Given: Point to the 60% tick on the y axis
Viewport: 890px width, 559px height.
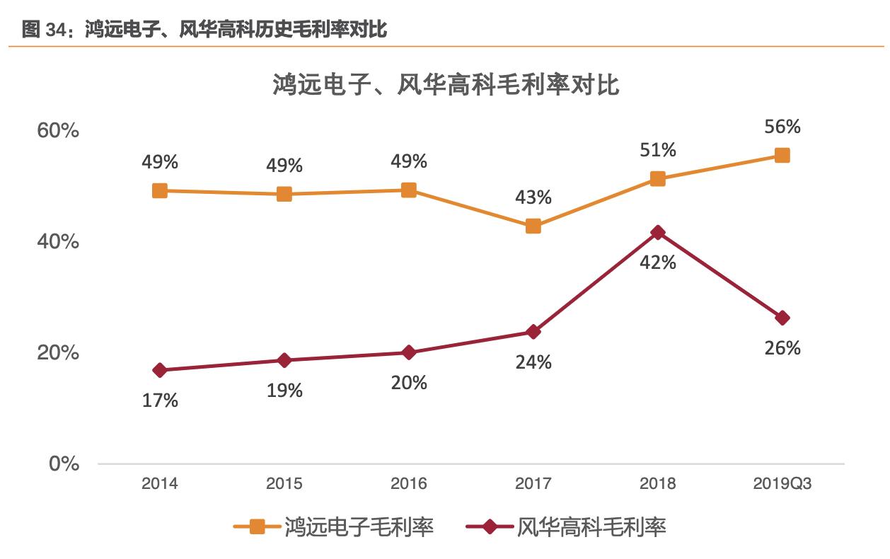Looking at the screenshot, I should [x=58, y=132].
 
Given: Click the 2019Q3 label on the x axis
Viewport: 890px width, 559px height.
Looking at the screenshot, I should [x=782, y=484].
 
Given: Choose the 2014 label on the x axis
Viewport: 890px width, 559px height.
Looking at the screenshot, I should [x=160, y=484].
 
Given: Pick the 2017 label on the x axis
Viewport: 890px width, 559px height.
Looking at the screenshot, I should [x=533, y=484].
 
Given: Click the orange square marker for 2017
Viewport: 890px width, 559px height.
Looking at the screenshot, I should [x=533, y=226].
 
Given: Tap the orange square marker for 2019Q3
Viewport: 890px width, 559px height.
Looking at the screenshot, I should [x=782, y=156].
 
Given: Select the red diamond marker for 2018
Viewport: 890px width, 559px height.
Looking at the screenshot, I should [x=658, y=233].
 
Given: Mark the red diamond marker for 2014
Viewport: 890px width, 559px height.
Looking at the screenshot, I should [x=160, y=370].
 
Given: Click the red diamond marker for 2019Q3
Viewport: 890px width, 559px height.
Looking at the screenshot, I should [x=782, y=318].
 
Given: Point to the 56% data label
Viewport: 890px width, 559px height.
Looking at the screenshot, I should [x=782, y=127].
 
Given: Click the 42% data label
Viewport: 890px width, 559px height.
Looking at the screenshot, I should [x=658, y=263].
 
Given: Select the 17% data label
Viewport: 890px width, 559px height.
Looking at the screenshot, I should [x=160, y=400].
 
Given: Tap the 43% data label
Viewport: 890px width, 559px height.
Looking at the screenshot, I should [x=533, y=197].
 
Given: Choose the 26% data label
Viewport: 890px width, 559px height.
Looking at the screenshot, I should [x=782, y=348].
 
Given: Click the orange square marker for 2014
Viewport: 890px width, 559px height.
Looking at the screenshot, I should [x=160, y=190].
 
